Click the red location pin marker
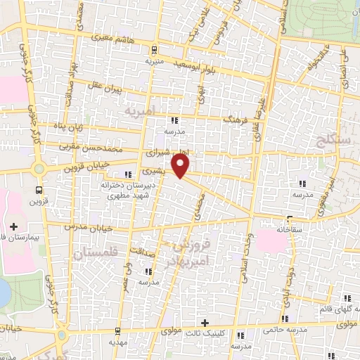click(181, 166)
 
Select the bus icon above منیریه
click(155, 49)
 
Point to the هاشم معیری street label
click(126, 42)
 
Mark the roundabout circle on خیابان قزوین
click(39, 169)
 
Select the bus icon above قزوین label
click(39, 189)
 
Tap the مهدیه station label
click(117, 342)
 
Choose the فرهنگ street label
click(238, 122)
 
